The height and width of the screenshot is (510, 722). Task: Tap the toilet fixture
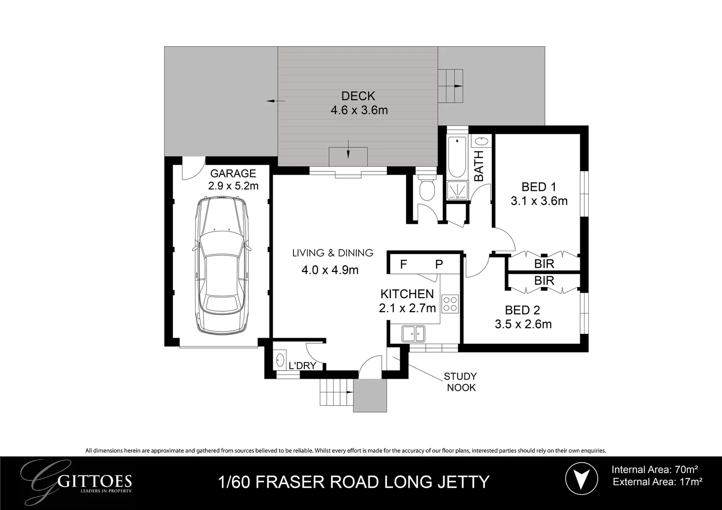click(427, 188)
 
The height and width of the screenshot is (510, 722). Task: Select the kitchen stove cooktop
click(450, 304)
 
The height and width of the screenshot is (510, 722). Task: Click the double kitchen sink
click(413, 333)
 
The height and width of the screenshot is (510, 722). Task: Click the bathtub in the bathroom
click(457, 157)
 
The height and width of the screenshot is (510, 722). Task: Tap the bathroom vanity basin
click(481, 141)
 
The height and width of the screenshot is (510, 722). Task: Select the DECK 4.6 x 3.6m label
click(359, 103)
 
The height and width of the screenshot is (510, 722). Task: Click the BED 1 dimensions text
click(539, 201)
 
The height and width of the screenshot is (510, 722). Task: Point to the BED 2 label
click(522, 310)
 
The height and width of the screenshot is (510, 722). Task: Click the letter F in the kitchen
click(403, 264)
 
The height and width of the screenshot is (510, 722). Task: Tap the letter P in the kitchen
click(439, 264)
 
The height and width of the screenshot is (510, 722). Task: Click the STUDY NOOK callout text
click(461, 382)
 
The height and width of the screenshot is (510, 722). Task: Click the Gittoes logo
click(76, 481)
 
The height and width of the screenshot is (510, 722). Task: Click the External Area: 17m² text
click(658, 482)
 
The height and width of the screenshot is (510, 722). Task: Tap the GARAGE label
click(233, 173)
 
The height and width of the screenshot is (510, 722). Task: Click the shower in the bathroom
click(457, 190)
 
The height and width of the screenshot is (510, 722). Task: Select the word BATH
click(479, 166)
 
